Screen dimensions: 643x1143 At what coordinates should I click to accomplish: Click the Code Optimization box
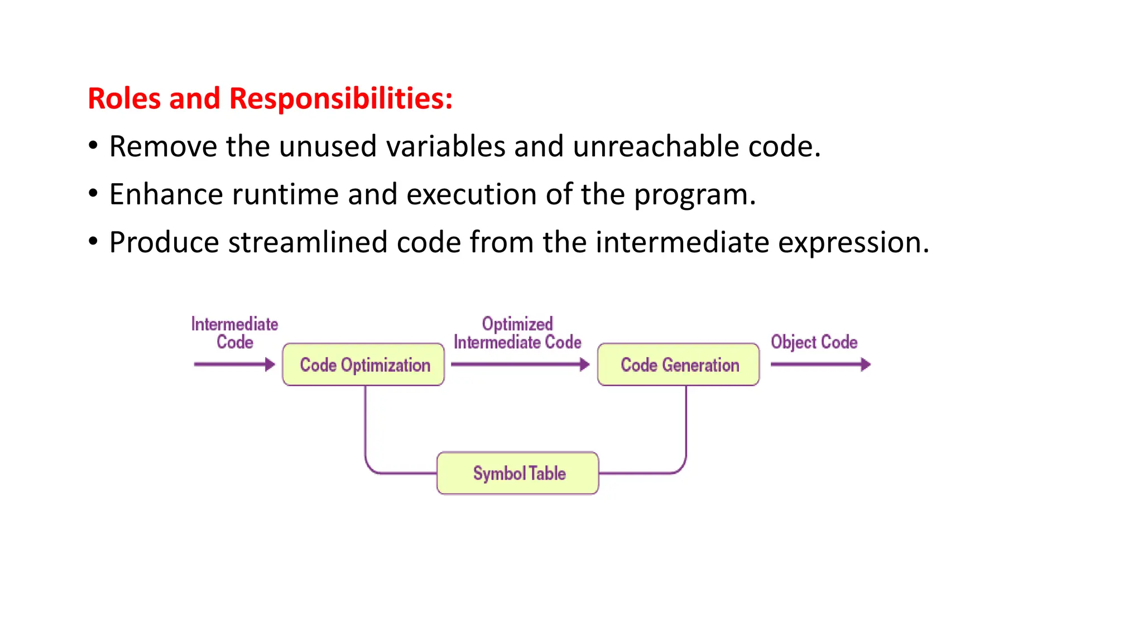(363, 364)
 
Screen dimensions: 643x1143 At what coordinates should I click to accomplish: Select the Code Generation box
(678, 364)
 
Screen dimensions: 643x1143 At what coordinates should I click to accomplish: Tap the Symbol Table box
(517, 473)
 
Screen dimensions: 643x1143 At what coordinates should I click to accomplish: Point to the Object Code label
(814, 342)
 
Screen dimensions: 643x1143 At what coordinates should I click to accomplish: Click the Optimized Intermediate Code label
(517, 333)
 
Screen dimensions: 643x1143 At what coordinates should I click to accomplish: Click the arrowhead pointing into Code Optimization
(270, 364)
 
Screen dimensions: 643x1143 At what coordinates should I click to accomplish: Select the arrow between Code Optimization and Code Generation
(519, 364)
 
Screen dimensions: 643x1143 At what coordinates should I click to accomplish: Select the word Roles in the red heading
(124, 99)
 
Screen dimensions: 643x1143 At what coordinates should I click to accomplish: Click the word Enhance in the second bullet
(166, 195)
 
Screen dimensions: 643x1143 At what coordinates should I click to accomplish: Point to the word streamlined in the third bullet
(308, 243)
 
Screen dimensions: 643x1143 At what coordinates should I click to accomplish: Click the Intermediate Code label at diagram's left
(234, 333)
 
